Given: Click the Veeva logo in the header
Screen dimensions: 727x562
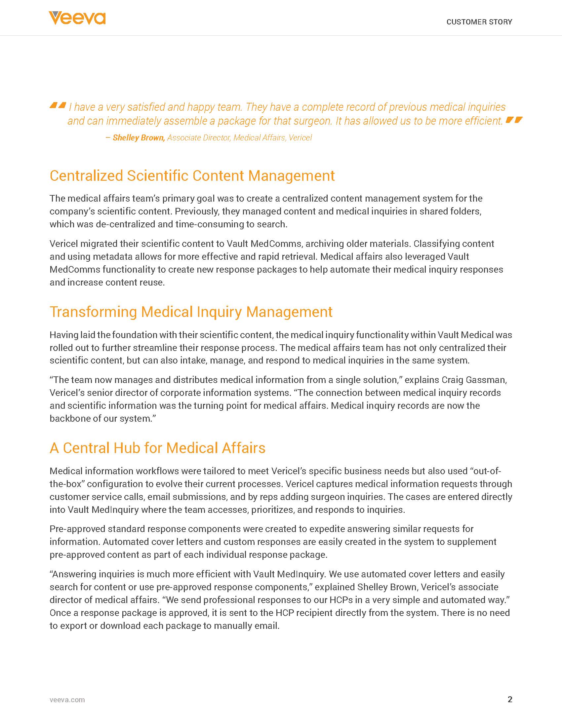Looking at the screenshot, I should tap(77, 18).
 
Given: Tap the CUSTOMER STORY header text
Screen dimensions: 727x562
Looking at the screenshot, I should tap(479, 22).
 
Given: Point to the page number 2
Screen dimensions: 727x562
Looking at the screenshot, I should tap(510, 699).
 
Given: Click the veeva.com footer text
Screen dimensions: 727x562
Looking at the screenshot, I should tap(67, 700).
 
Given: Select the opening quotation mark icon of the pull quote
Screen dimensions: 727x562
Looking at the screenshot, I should tap(58, 105).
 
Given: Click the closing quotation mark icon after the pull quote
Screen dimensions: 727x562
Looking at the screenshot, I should tap(514, 120).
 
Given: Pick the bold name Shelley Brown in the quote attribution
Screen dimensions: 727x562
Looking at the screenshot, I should tap(139, 138).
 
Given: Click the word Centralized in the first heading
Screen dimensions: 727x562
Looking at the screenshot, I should tap(86, 176).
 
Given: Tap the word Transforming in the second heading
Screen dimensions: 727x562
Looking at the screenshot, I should tap(93, 312).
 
